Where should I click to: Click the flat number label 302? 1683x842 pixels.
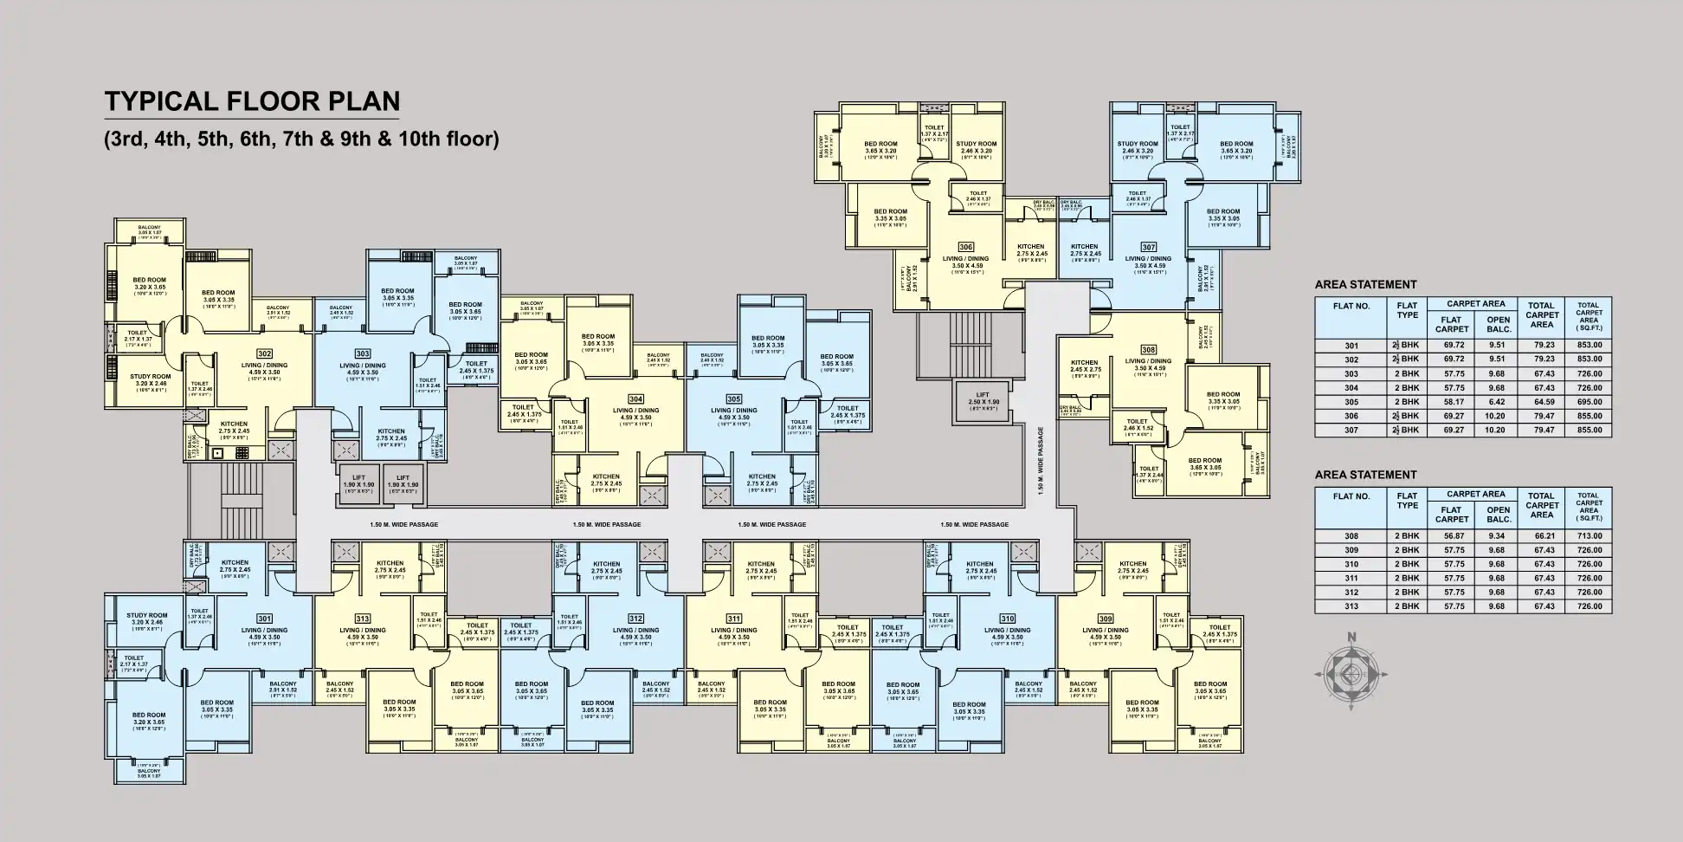pos(265,353)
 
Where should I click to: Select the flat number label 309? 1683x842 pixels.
pos(1105,619)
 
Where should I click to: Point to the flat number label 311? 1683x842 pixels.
pos(733,619)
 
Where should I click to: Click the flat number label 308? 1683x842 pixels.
pos(1148,349)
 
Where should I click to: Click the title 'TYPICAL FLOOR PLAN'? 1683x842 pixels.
pos(252,101)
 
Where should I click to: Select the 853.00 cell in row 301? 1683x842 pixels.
pos(1589,346)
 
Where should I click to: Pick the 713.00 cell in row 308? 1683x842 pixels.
pos(1589,536)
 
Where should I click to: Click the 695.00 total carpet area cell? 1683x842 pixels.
pos(1589,402)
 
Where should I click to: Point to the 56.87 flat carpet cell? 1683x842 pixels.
pos(1451,536)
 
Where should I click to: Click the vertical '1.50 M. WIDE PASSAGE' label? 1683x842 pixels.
pos(1041,462)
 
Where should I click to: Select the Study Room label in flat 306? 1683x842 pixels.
pos(976,147)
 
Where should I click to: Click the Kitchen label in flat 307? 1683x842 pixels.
pos(1084,250)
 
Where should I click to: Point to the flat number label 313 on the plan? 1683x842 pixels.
pos(362,619)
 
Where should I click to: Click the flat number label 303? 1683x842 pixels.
pos(363,353)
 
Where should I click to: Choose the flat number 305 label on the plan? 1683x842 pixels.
pos(734,399)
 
